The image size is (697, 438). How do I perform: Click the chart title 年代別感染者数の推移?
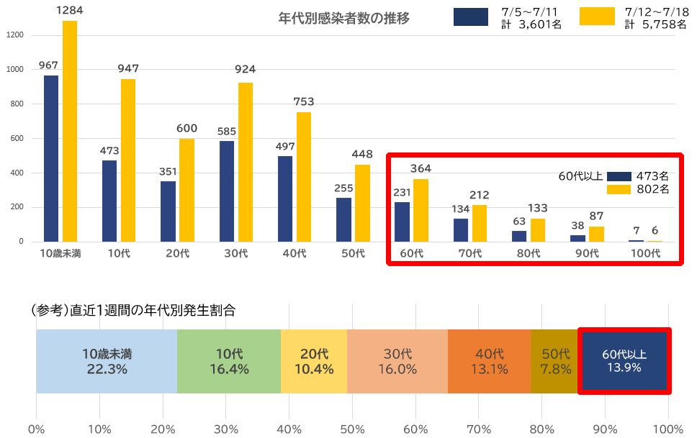[343, 19]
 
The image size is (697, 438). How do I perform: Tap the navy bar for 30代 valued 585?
[227, 191]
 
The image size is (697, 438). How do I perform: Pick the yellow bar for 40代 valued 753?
[304, 177]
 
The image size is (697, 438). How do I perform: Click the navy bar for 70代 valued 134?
[461, 230]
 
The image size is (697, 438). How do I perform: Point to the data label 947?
[129, 69]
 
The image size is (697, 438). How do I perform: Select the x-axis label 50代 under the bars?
[354, 253]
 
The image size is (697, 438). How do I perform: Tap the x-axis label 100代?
[645, 253]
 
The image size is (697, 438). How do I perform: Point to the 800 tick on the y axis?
[17, 104]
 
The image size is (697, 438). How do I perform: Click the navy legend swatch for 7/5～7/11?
[471, 17]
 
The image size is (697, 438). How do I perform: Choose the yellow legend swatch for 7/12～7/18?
[597, 17]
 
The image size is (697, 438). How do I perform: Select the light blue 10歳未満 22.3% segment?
[107, 362]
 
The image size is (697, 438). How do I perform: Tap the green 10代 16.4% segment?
[229, 362]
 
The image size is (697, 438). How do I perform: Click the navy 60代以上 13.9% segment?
[624, 362]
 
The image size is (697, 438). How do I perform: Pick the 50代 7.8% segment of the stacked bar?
[555, 362]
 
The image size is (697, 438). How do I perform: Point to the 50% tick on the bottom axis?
[352, 430]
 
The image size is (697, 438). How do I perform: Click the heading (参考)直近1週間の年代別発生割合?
[134, 311]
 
